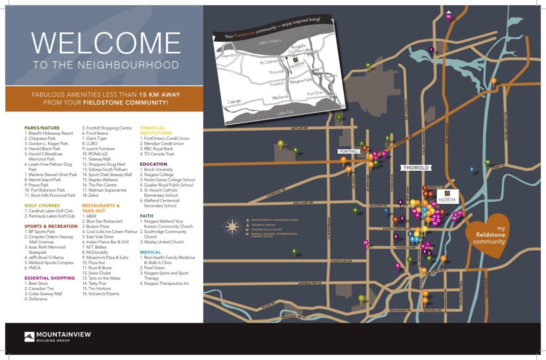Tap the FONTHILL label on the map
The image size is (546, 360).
[x=350, y=151]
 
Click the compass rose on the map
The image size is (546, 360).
[x=232, y=227]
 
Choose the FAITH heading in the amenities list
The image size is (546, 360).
[x=147, y=217]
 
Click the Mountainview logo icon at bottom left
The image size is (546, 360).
[x=29, y=338]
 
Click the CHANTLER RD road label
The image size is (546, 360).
[x=341, y=261]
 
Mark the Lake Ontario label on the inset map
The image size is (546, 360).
[x=269, y=42]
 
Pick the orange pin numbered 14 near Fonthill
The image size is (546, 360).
[x=348, y=169]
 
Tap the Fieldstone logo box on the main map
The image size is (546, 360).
[x=448, y=196]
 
